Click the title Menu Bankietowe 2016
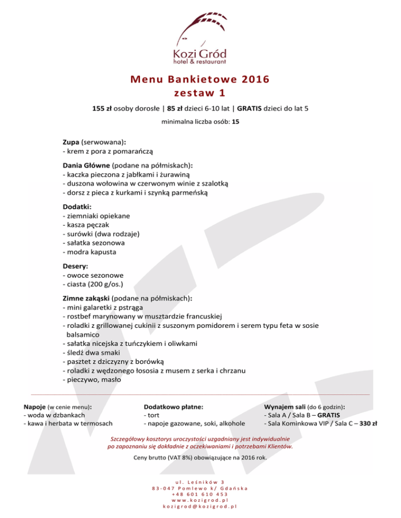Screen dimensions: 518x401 200,80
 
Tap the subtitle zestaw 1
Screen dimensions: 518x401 200,94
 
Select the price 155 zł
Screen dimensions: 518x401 101,109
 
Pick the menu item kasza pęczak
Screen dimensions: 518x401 86,224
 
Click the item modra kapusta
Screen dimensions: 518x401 89,252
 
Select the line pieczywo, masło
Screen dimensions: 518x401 91,380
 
